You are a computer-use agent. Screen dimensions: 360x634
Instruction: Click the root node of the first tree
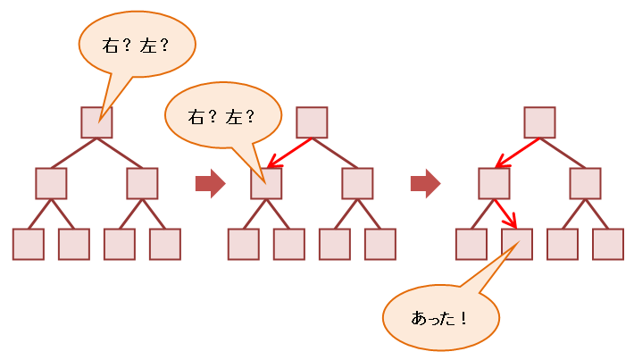pos(96,122)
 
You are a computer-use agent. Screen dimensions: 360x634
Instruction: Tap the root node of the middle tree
pos(312,122)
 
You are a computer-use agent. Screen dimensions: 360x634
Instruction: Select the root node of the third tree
pos(539,122)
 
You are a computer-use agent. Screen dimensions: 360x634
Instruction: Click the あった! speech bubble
pos(439,318)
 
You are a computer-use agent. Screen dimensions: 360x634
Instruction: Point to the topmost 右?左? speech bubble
pos(137,46)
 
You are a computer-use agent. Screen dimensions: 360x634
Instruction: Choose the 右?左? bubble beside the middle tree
pos(222,115)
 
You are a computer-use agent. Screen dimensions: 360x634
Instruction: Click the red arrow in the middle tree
pos(289,153)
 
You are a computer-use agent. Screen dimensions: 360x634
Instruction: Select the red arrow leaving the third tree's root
pos(517,153)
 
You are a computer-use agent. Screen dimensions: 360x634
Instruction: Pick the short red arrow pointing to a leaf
pos(505,213)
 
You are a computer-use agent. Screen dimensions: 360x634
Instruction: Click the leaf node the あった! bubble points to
pos(517,244)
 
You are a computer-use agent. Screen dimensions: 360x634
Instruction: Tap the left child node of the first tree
pos(51,183)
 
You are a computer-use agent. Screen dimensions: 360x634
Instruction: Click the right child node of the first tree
pos(142,183)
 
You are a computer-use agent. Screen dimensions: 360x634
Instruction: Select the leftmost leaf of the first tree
pos(28,244)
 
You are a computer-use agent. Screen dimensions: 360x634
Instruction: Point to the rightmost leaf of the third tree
pos(608,244)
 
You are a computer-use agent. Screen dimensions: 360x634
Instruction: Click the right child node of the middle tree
pos(357,183)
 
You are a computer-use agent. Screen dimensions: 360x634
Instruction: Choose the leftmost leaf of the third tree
pos(471,244)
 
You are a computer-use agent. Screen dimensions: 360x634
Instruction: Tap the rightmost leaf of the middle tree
pos(380,244)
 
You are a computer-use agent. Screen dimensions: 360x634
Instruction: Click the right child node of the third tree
pos(585,183)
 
